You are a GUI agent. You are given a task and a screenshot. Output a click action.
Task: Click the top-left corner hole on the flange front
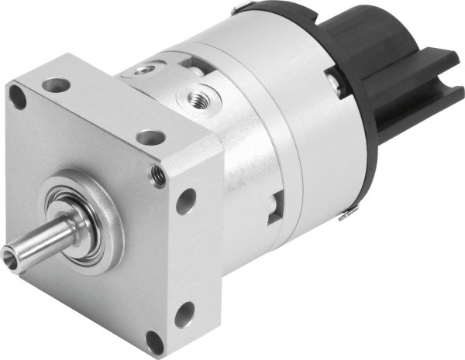(17, 96)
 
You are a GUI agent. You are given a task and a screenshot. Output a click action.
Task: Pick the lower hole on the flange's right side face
(185, 314)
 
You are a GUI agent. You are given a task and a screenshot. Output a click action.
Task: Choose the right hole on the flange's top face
(150, 138)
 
